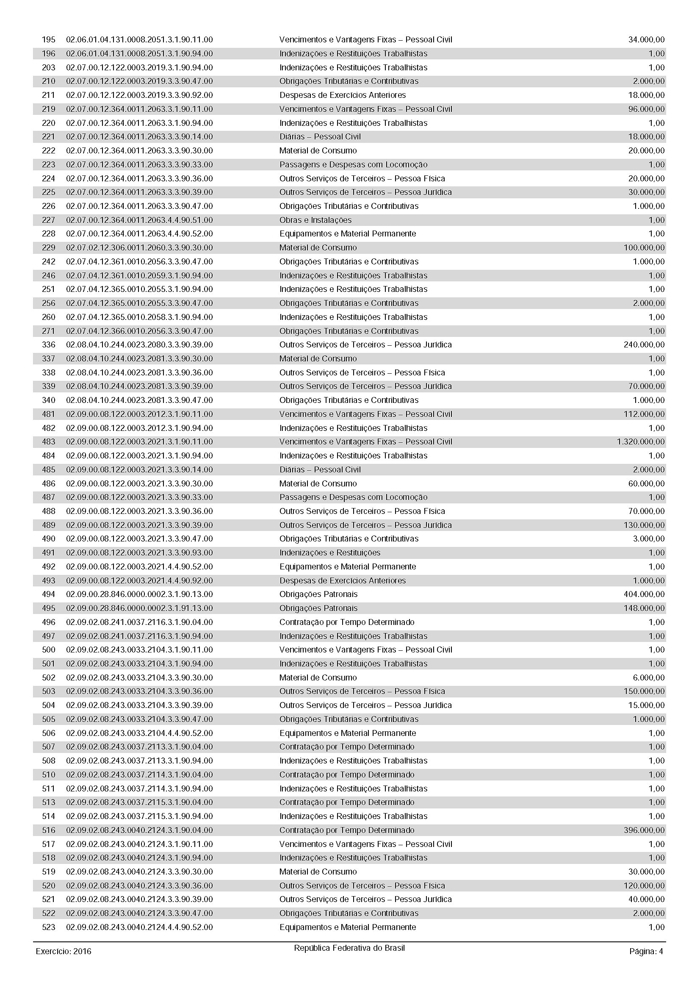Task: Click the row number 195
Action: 48,40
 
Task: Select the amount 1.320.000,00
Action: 640,441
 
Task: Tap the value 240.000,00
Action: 644,344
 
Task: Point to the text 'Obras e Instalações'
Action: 315,220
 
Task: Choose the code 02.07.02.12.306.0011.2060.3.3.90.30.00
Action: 139,248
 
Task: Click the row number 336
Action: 48,344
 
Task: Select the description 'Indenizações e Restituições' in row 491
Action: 330,552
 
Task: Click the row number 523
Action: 48,927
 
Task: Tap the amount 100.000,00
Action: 644,248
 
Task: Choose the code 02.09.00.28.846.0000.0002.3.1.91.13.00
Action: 139,608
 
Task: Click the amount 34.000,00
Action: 647,40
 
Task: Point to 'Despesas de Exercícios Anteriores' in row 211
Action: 343,95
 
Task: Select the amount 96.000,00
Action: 647,109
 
